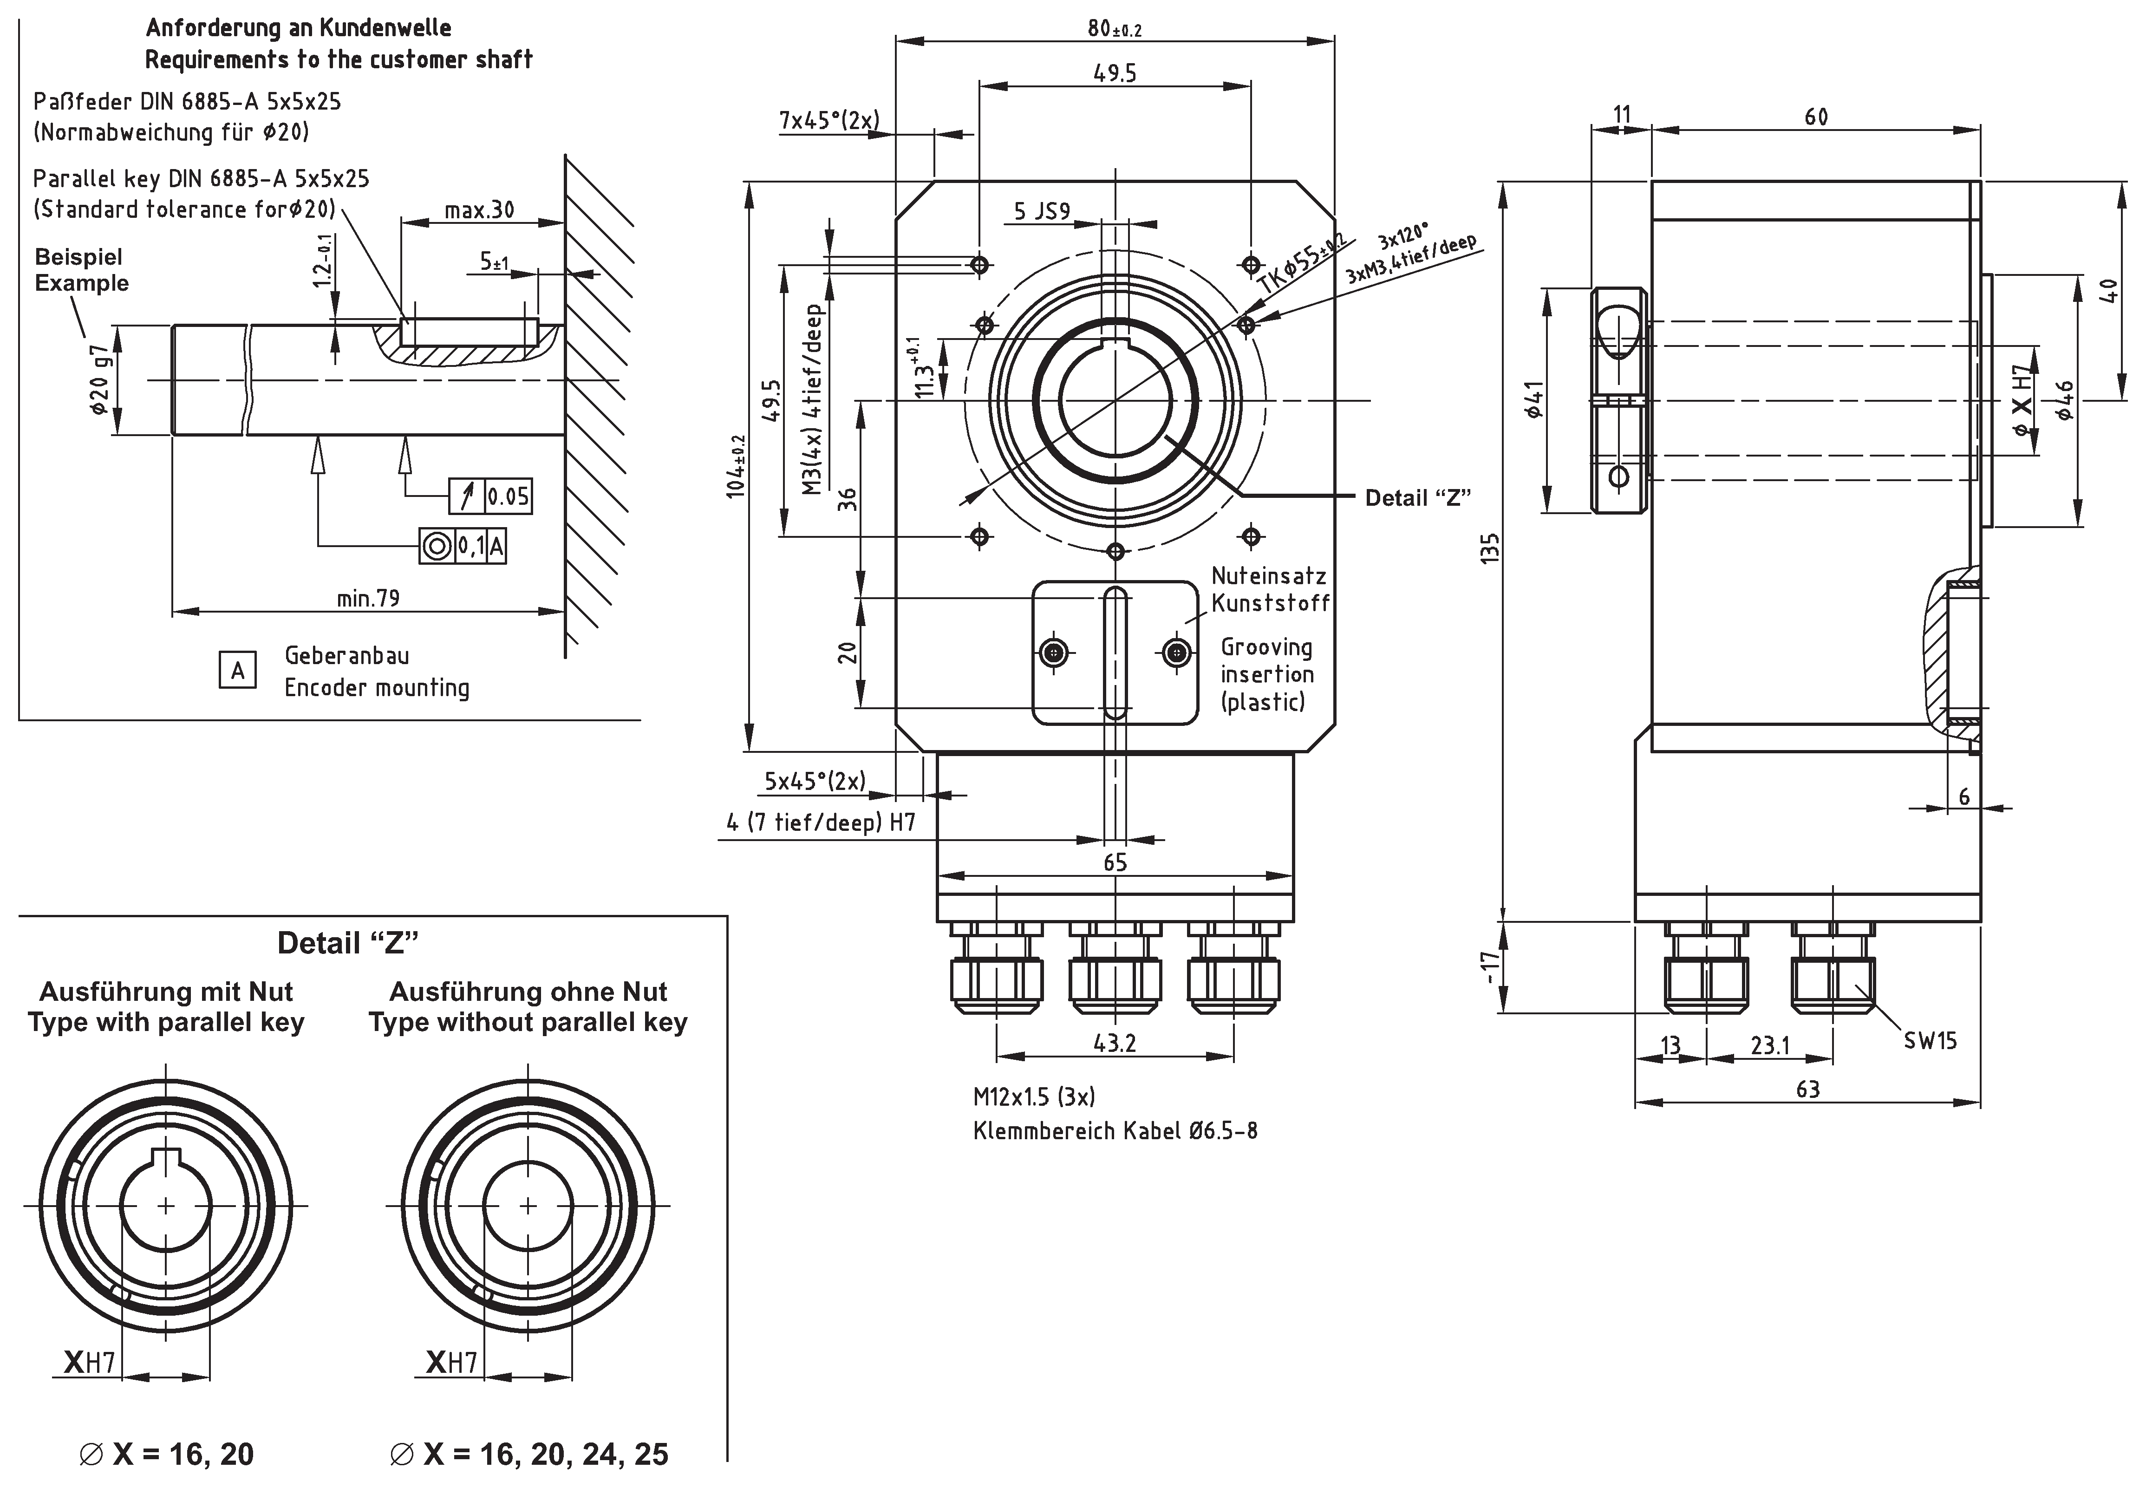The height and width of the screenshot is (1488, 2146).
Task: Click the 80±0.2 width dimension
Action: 1114,29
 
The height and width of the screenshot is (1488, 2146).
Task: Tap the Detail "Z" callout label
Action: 1417,498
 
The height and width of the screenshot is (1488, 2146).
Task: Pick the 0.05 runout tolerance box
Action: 507,496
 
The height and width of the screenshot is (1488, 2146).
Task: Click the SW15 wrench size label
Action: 1930,1040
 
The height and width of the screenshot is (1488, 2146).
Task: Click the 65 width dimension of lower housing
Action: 1115,862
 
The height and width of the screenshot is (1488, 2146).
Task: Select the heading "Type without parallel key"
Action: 528,1023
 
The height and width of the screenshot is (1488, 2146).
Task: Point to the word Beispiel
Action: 78,257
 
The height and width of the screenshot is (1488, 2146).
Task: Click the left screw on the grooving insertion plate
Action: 1054,652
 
